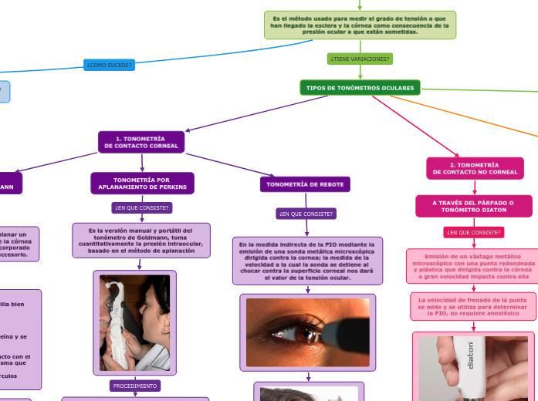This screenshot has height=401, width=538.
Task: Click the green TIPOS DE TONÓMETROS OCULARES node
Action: click(360, 88)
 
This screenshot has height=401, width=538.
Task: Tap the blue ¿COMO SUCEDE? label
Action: click(109, 65)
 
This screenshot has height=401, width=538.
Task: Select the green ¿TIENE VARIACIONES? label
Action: click(360, 59)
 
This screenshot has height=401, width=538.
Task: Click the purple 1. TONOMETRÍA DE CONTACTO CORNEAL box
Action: click(142, 142)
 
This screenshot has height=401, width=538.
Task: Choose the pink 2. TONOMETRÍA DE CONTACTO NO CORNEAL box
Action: click(475, 168)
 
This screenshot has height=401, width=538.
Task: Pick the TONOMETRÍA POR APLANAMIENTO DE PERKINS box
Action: click(142, 183)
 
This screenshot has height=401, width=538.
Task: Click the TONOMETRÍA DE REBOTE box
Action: click(306, 184)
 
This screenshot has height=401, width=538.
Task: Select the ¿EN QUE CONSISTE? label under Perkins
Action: click(142, 207)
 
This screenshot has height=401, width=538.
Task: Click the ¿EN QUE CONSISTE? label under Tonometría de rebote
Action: click(306, 214)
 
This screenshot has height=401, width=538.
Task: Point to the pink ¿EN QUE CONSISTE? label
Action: click(474, 232)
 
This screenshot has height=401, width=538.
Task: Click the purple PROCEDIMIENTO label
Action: click(135, 386)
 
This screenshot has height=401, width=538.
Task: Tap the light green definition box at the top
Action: click(360, 25)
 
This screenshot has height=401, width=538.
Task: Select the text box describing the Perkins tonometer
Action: click(142, 240)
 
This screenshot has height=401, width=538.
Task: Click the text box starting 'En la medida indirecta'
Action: click(307, 260)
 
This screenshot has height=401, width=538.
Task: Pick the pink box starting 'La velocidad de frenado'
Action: click(473, 305)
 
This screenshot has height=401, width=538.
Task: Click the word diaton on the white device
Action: click(471, 356)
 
